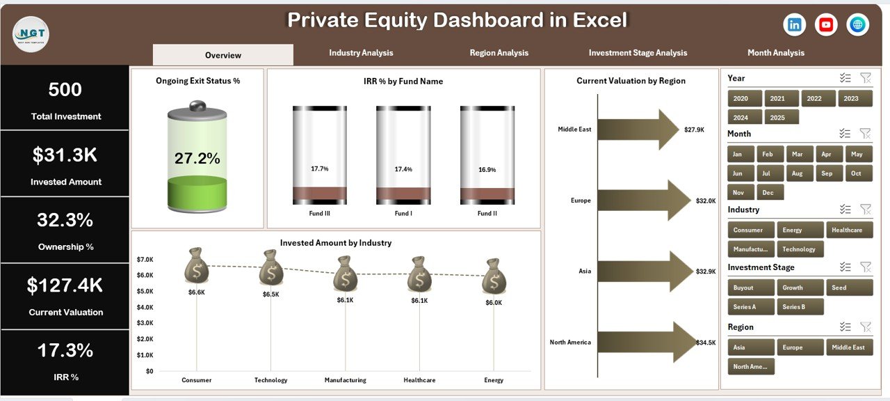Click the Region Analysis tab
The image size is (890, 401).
click(x=499, y=53)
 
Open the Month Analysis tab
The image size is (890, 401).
click(x=776, y=53)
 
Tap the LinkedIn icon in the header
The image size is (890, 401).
click(x=794, y=25)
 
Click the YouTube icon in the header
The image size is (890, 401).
click(x=826, y=25)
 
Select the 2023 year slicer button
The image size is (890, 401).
click(x=851, y=99)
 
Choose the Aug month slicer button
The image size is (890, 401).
click(x=798, y=173)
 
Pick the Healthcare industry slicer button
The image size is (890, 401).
click(x=846, y=230)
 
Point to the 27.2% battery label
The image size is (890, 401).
click(x=197, y=159)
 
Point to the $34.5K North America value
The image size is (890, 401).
click(x=705, y=343)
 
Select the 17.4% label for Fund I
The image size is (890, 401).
click(x=403, y=170)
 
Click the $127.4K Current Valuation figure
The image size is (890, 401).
click(x=65, y=285)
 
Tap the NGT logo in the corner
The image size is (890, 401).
click(x=31, y=33)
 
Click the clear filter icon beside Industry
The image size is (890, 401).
click(x=865, y=209)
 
